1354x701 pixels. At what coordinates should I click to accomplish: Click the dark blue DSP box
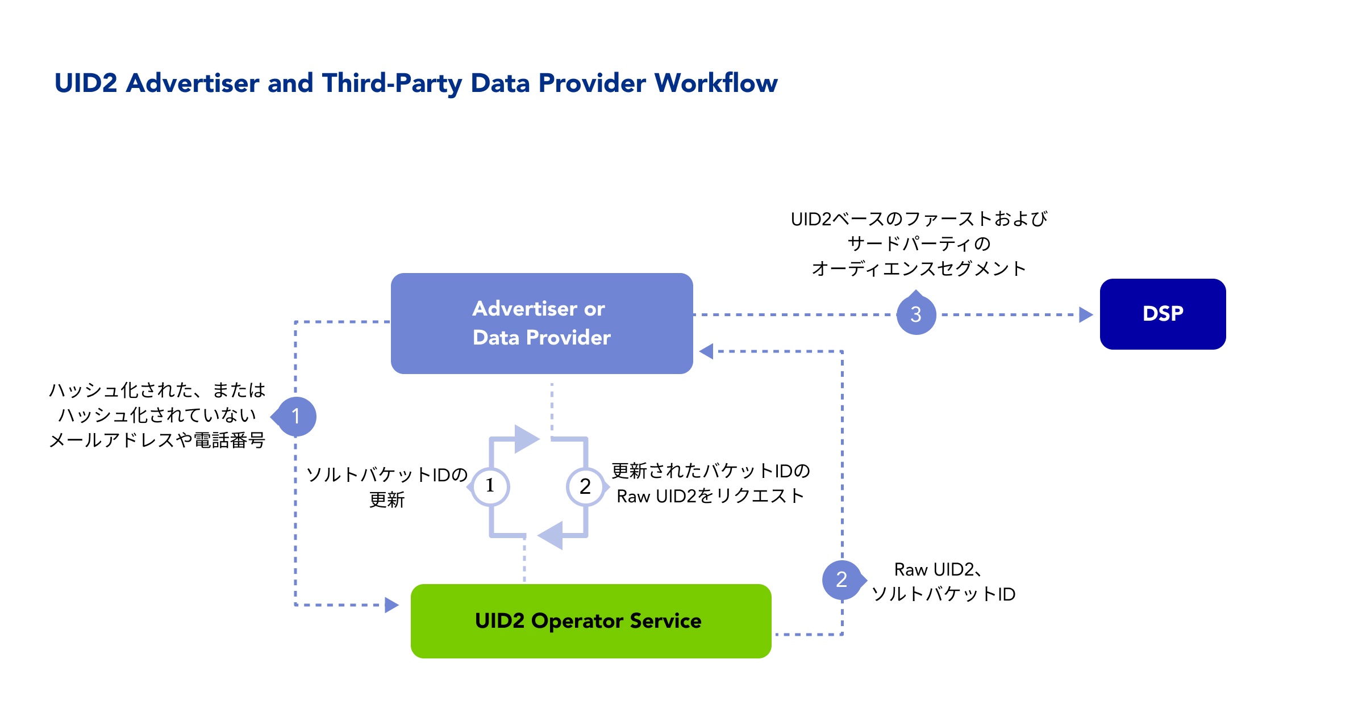(1163, 314)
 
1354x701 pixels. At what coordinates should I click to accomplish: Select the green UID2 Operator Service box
(590, 621)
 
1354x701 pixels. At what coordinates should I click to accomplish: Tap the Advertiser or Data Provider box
(541, 323)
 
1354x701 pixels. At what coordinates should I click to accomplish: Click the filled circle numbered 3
(916, 314)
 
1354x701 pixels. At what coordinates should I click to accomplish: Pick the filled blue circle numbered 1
(295, 416)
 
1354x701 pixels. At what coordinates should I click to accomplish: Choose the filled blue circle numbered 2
(842, 580)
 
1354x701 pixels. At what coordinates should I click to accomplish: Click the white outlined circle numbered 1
(490, 486)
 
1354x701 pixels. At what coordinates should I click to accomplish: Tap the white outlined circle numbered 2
(585, 486)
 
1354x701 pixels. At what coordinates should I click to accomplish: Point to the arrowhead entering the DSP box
(1085, 314)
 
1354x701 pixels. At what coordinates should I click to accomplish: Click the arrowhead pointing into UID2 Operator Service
(391, 605)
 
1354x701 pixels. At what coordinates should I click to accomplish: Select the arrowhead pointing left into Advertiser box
(706, 351)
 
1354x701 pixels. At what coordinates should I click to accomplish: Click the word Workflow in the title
(716, 83)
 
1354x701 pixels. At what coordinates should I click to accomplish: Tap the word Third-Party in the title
(391, 83)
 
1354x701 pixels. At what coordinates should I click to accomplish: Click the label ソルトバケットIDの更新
(386, 486)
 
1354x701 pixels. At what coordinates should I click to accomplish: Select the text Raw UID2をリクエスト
(710, 496)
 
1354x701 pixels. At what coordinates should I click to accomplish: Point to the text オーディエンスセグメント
(919, 268)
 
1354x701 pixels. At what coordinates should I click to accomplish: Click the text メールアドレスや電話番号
(157, 440)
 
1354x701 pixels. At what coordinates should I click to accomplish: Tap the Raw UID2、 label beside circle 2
(938, 569)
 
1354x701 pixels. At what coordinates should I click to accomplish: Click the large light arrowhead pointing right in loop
(526, 439)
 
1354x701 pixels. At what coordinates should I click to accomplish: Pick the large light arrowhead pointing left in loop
(551, 535)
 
